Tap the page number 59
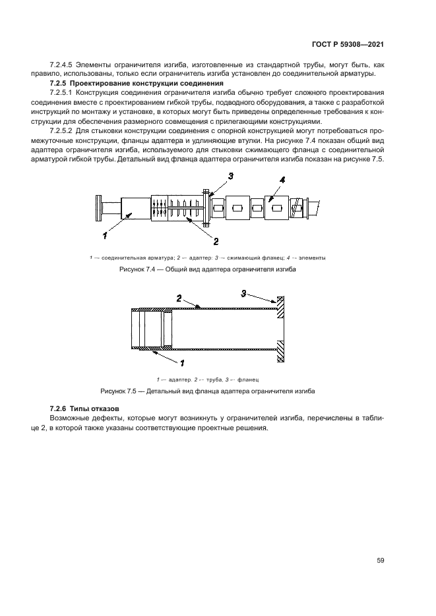pyautogui.click(x=380, y=560)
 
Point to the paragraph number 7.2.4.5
pyautogui.click(x=64, y=65)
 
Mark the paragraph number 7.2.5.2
pyautogui.click(x=64, y=132)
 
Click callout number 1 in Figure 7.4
pyautogui.click(x=104, y=234)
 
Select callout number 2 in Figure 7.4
pyautogui.click(x=215, y=241)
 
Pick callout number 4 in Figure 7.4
pyautogui.click(x=282, y=180)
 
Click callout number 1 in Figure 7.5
pyautogui.click(x=182, y=362)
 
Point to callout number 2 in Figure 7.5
pyautogui.click(x=179, y=298)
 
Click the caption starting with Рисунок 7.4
pyautogui.click(x=208, y=270)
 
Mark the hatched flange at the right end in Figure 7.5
pyautogui.click(x=281, y=329)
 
